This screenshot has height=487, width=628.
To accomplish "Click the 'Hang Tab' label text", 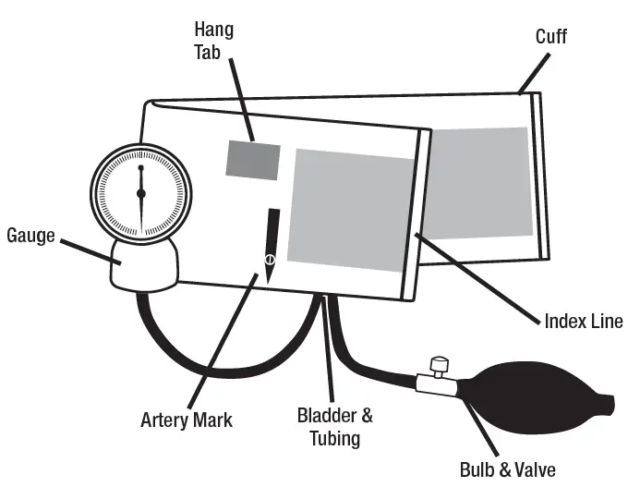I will point(213,40).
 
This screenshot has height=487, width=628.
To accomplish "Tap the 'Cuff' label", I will point(551,37).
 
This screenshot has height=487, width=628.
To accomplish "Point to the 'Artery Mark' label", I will point(187,420).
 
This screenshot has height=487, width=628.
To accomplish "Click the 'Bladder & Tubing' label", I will point(334,426).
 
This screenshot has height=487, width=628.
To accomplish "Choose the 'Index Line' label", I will point(584,322).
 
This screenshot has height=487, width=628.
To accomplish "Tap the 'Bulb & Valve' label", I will point(507,469).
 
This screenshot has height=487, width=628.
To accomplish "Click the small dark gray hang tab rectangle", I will point(253,160).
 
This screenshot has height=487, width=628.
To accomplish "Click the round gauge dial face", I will point(140,192).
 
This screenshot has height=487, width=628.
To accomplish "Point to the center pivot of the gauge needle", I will point(140,193).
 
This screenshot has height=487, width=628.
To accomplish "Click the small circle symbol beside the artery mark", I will point(269,259).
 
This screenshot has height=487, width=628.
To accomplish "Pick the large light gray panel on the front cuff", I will point(351,209).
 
